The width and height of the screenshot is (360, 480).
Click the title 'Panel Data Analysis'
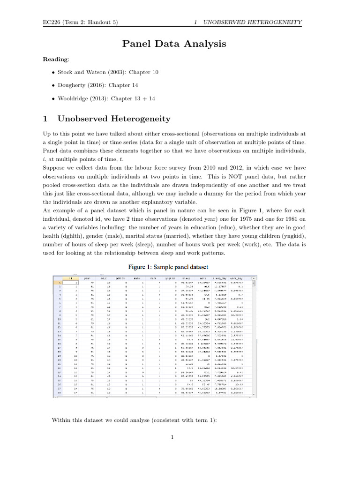click(x=174, y=44)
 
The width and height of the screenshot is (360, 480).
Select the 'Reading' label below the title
click(x=55, y=60)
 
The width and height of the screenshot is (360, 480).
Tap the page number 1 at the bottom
click(x=172, y=437)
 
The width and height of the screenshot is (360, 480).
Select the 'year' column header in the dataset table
click(x=87, y=278)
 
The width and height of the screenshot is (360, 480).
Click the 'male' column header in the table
click(x=137, y=278)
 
